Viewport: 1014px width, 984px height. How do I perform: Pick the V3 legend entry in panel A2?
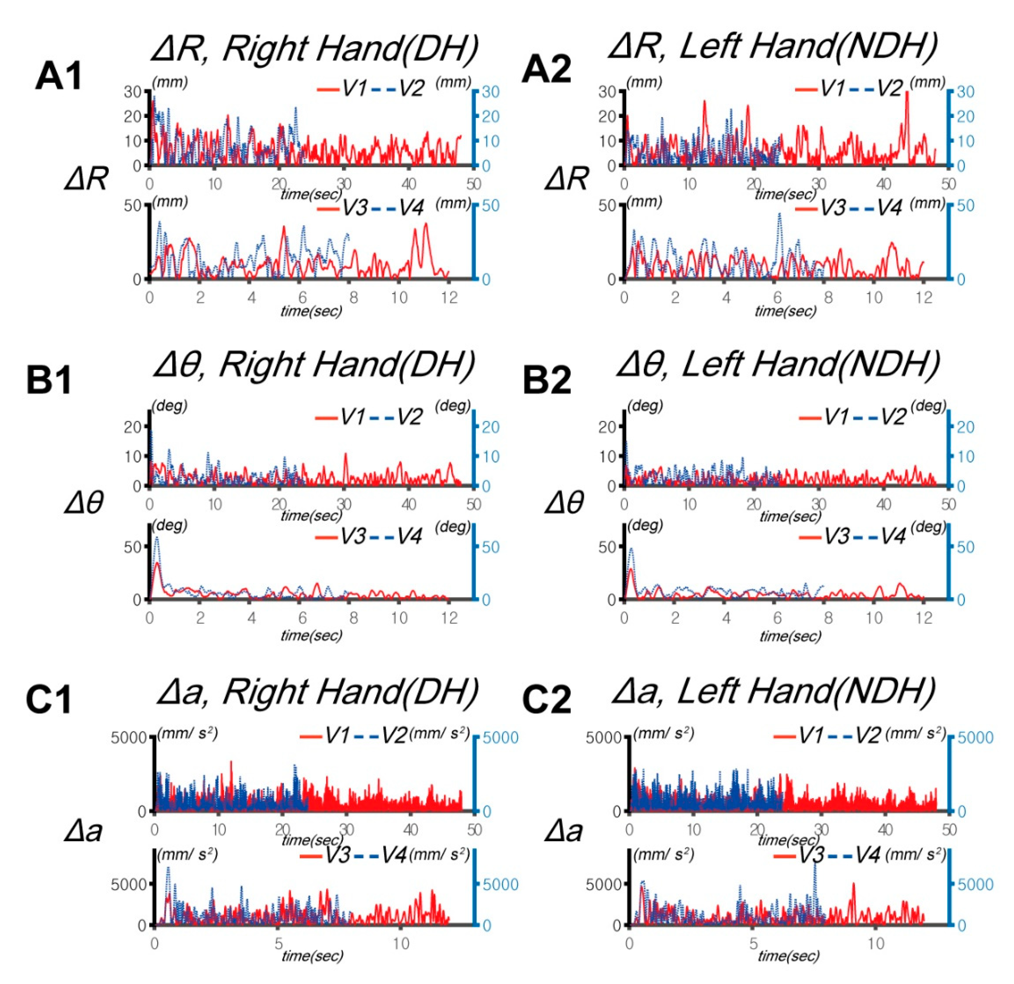pyautogui.click(x=833, y=208)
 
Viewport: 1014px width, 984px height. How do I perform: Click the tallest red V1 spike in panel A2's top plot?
pyautogui.click(x=907, y=93)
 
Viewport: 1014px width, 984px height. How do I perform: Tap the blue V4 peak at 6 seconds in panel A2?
pyautogui.click(x=779, y=214)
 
